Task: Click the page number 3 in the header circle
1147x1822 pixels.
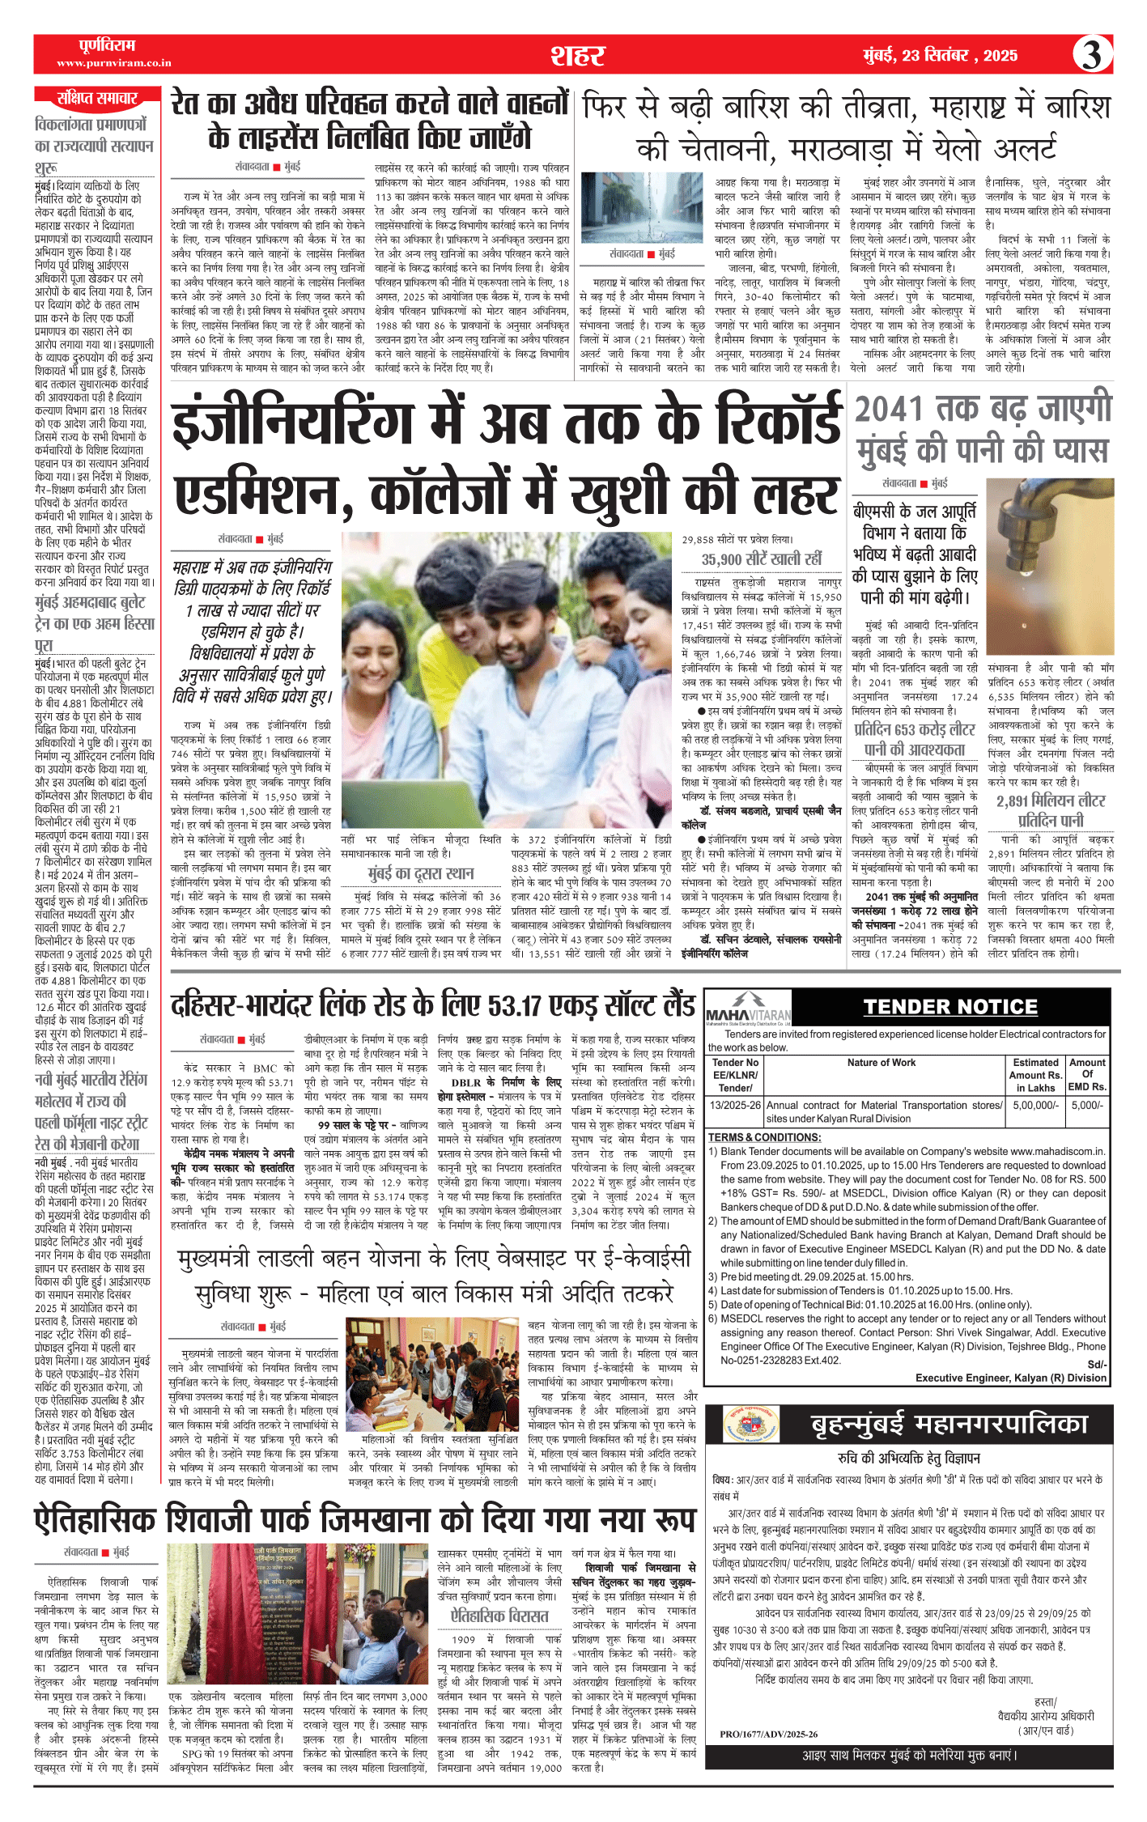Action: pyautogui.click(x=1092, y=55)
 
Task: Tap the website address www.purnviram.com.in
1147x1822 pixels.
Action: pyautogui.click(x=113, y=63)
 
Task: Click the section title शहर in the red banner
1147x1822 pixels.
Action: pyautogui.click(x=577, y=55)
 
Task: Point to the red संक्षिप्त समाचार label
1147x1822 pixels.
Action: pyautogui.click(x=97, y=99)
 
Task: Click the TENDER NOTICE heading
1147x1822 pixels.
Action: pyautogui.click(x=950, y=1007)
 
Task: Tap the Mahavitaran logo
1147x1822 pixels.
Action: pyautogui.click(x=748, y=1009)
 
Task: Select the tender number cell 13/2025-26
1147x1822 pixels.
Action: pyautogui.click(x=735, y=1105)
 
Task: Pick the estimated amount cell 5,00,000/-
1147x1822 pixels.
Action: pyautogui.click(x=1035, y=1105)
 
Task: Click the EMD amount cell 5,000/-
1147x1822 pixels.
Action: pyautogui.click(x=1087, y=1105)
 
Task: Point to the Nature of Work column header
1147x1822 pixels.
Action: pyautogui.click(x=881, y=1062)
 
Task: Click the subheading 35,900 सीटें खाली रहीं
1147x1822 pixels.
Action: pyautogui.click(x=761, y=559)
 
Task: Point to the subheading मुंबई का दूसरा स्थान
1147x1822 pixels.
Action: pyautogui.click(x=420, y=873)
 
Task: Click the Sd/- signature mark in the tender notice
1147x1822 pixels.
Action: pyautogui.click(x=1096, y=1364)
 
